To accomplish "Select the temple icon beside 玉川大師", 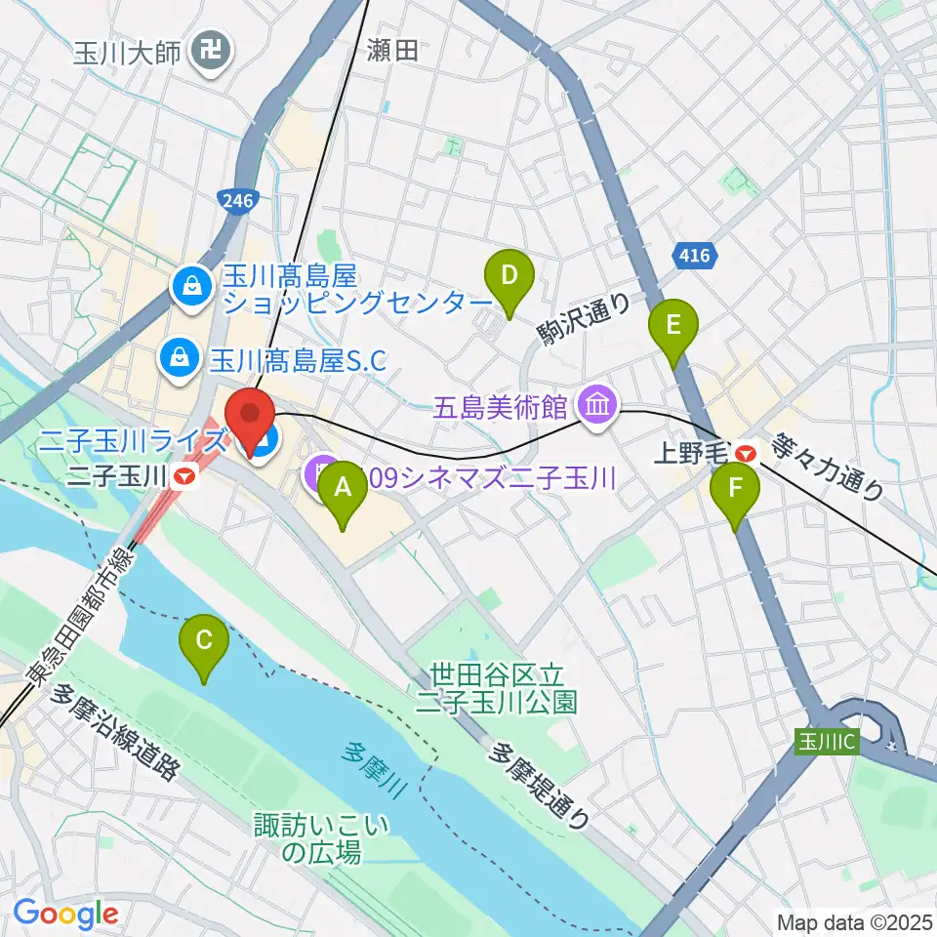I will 209,46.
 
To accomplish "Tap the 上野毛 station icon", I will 747,453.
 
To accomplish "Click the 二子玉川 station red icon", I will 183,476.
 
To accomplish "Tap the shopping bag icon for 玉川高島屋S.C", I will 180,357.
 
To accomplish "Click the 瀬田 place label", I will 393,51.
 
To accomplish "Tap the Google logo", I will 65,914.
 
